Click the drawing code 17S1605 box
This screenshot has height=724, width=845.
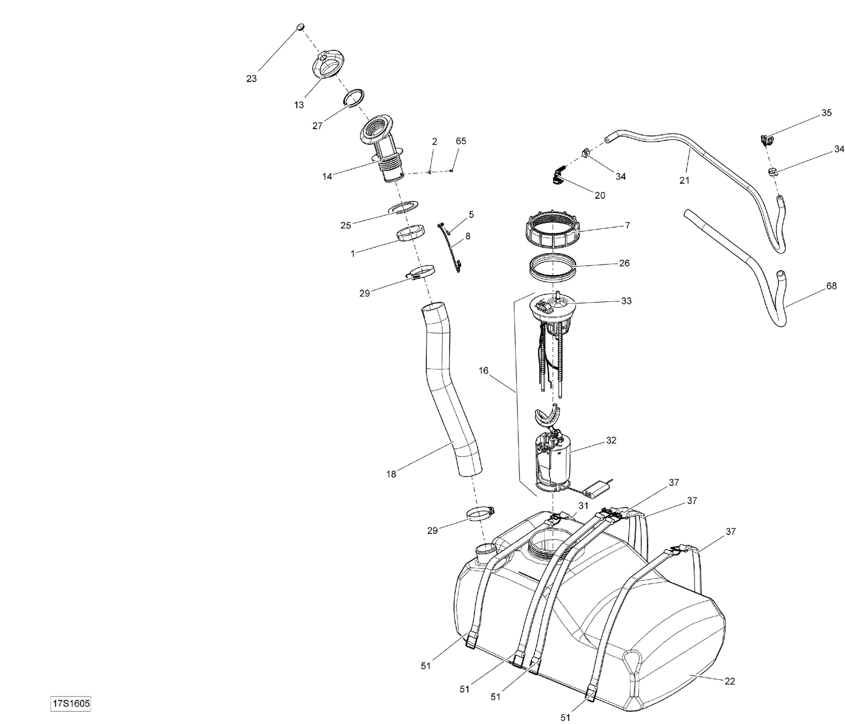click(x=70, y=704)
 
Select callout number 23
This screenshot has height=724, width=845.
click(x=251, y=79)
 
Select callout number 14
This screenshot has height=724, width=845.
click(x=327, y=177)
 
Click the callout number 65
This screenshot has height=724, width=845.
click(x=461, y=141)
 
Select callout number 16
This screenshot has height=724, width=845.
click(x=483, y=371)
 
